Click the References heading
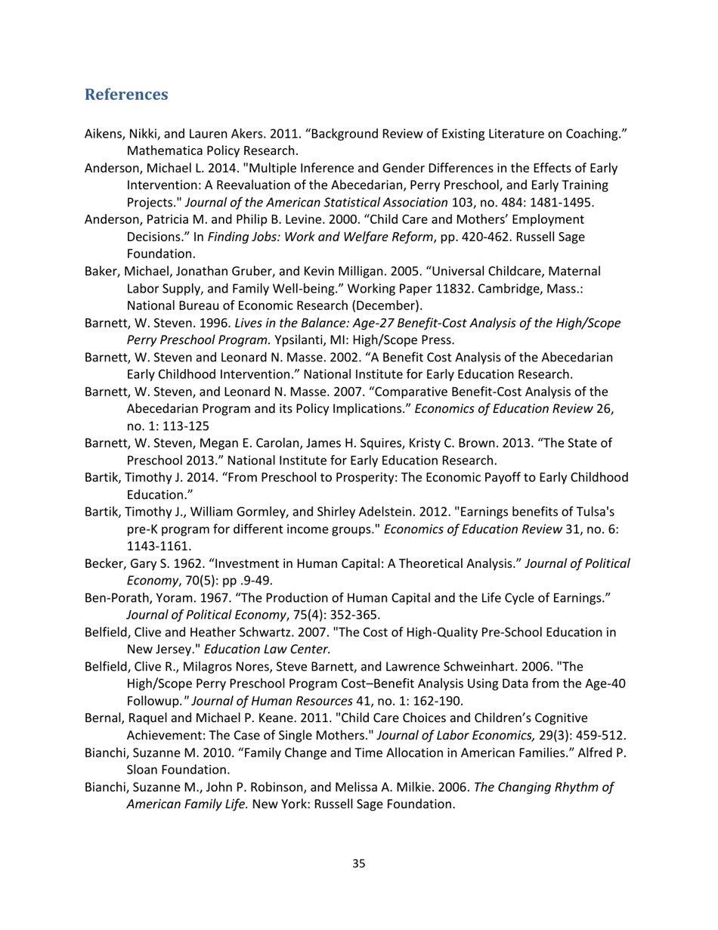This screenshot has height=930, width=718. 125,95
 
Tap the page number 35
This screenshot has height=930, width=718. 359,863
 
